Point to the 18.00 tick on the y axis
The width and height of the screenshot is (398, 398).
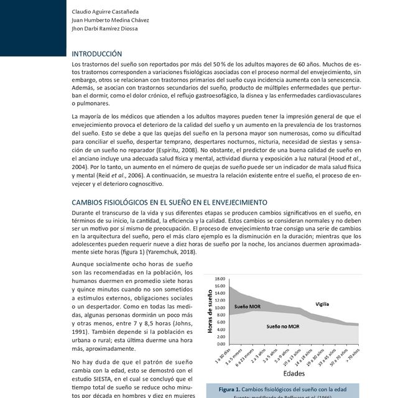coord(220,279)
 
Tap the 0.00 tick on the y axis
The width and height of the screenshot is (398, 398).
coord(220,343)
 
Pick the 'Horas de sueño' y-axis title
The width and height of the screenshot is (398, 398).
coord(209,311)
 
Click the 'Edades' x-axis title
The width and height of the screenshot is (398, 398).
coord(294,374)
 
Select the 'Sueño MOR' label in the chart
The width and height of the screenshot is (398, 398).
coord(248,307)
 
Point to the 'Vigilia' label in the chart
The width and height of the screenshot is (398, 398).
coord(322,304)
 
